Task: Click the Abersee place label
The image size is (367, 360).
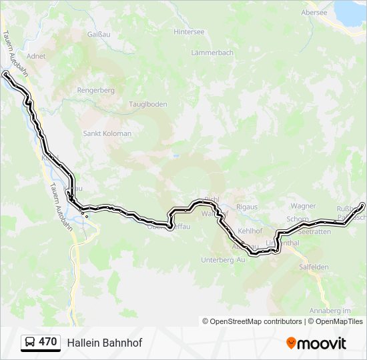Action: coord(314,13)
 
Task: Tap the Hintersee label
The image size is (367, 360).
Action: coord(189,31)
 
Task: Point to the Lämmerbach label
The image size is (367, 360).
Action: coord(212,53)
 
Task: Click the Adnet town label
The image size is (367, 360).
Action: coord(36,57)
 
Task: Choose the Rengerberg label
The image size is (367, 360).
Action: coord(97,90)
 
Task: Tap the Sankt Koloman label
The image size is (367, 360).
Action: coord(107,133)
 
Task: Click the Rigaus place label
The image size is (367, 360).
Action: coord(247,207)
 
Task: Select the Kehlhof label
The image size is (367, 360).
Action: coord(250,231)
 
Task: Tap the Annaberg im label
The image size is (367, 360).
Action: coord(330,311)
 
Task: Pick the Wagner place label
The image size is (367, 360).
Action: coord(304,207)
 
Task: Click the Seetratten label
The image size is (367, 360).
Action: coord(315,232)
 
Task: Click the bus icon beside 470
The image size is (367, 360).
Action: coord(30,342)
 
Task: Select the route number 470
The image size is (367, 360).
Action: coord(48,342)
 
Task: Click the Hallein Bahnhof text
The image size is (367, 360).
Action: coord(104,343)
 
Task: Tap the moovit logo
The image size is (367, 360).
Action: coord(316,343)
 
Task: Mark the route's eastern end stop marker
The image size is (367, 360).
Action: coord(362,205)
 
